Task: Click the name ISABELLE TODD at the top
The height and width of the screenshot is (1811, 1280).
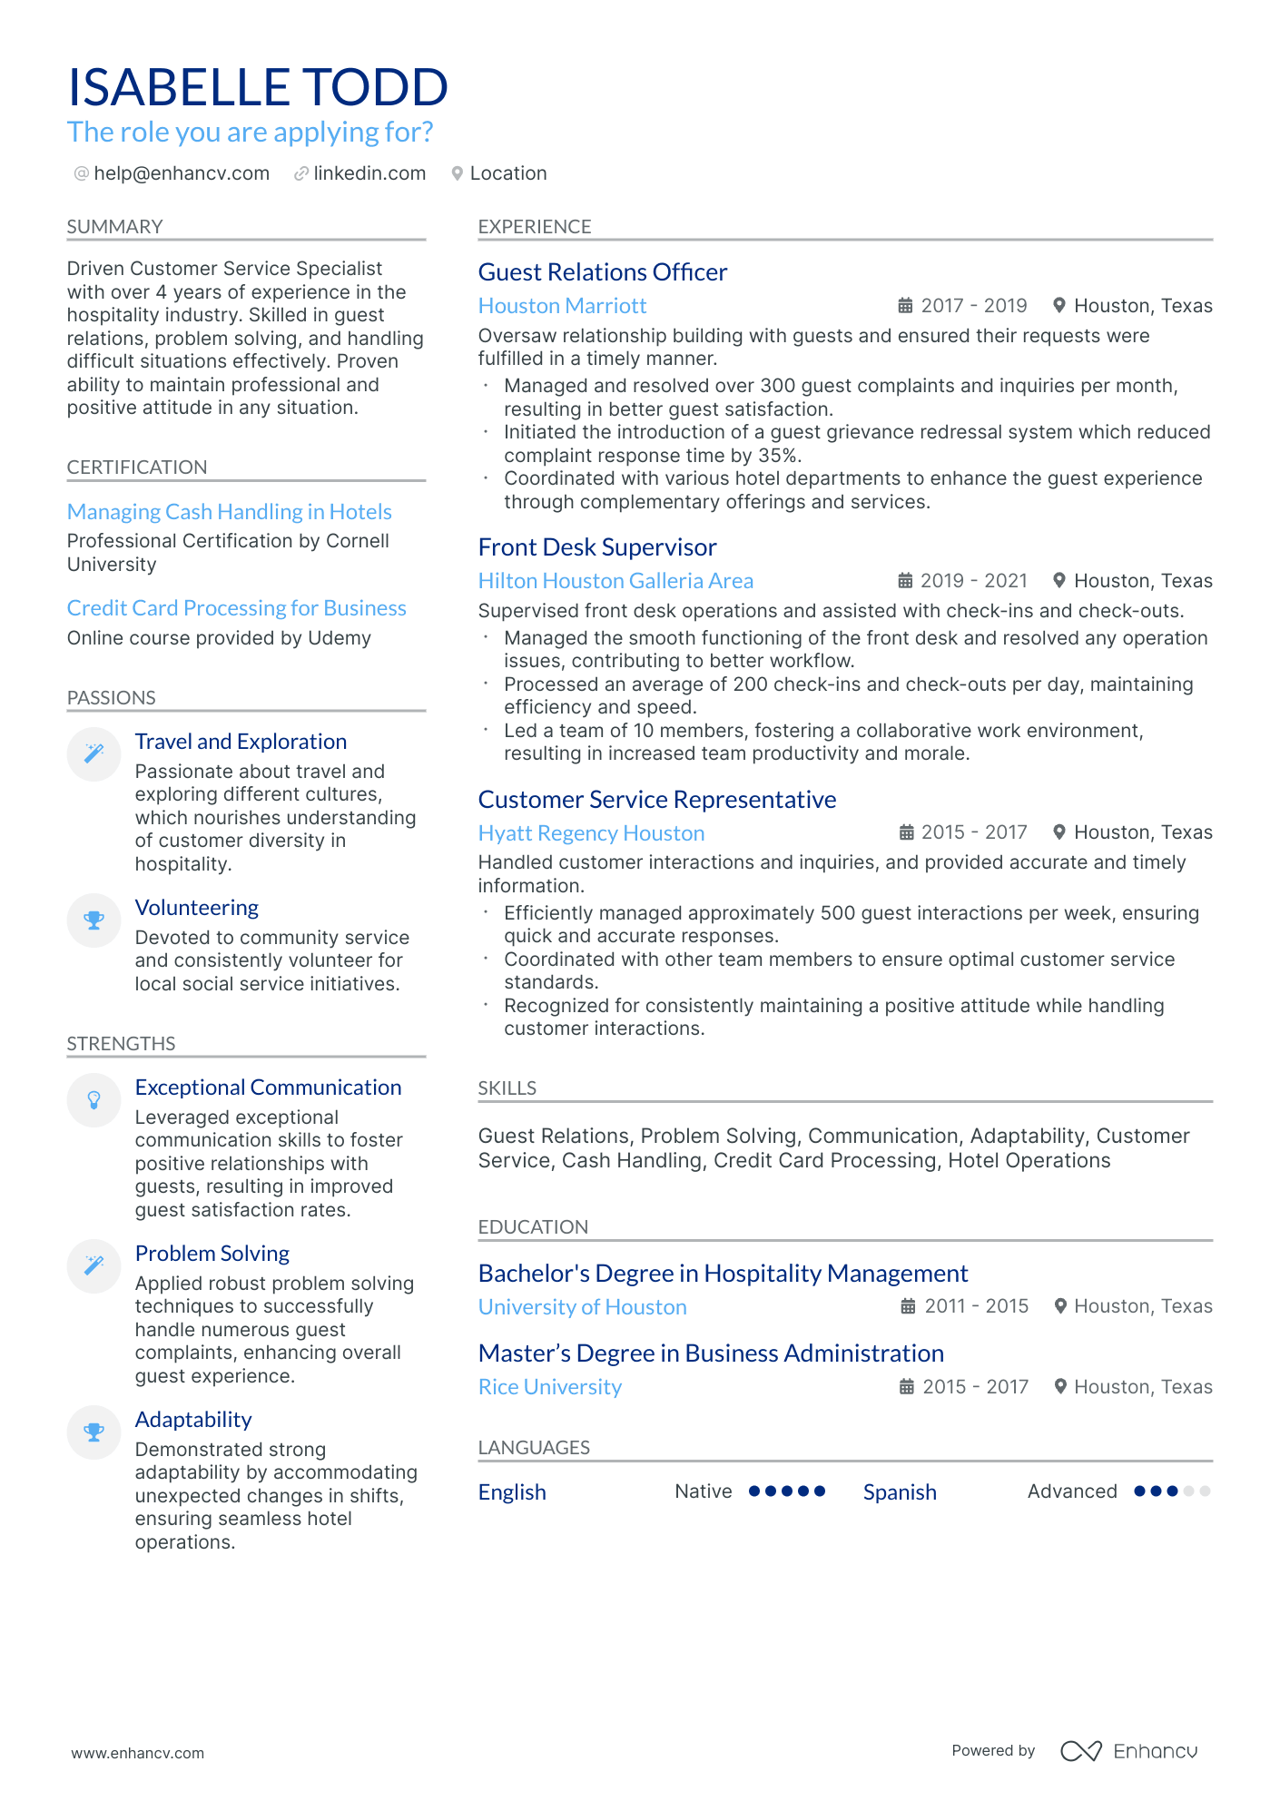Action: pyautogui.click(x=258, y=88)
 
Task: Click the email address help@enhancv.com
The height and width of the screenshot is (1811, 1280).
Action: pyautogui.click(x=182, y=173)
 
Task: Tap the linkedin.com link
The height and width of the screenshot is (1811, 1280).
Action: pyautogui.click(x=369, y=173)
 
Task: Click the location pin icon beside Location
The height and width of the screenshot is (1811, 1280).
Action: pyautogui.click(x=458, y=173)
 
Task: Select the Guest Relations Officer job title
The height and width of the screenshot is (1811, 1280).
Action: pyautogui.click(x=602, y=272)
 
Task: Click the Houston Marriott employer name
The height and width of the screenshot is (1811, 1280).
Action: pyautogui.click(x=562, y=306)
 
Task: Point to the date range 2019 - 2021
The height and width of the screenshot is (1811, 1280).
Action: pyautogui.click(x=973, y=581)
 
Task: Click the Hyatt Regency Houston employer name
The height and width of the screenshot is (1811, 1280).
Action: pyautogui.click(x=591, y=833)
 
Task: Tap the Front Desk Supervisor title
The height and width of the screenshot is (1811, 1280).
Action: pyautogui.click(x=596, y=547)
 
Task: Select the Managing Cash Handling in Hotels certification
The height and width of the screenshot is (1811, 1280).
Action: pyautogui.click(x=229, y=512)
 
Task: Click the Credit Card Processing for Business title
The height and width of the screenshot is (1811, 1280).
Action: pyautogui.click(x=236, y=608)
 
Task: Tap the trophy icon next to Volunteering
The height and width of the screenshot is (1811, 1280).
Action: pyautogui.click(x=94, y=920)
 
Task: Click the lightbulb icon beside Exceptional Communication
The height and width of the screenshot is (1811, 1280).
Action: pyautogui.click(x=94, y=1100)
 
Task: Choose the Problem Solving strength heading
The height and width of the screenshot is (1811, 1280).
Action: pyautogui.click(x=212, y=1254)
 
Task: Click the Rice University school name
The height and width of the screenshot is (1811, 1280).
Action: pyautogui.click(x=549, y=1387)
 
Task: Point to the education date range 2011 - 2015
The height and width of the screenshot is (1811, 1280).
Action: pyautogui.click(x=976, y=1306)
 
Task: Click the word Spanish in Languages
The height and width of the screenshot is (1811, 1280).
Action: pyautogui.click(x=899, y=1492)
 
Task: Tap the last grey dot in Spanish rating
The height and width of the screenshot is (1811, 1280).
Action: pyautogui.click(x=1205, y=1491)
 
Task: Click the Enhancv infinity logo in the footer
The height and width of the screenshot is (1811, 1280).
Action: pyautogui.click(x=1080, y=1751)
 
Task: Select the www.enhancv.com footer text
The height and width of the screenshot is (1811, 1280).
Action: pyautogui.click(x=137, y=1753)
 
